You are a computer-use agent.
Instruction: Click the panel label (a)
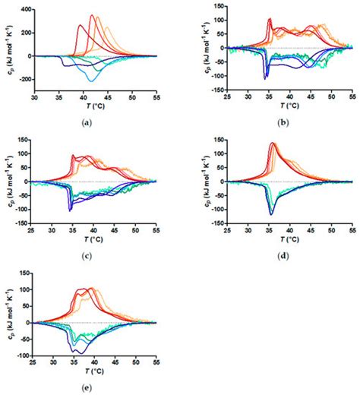click(x=90, y=122)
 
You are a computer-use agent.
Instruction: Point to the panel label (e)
click(x=90, y=384)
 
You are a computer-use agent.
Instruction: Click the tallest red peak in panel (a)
click(x=92, y=15)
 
